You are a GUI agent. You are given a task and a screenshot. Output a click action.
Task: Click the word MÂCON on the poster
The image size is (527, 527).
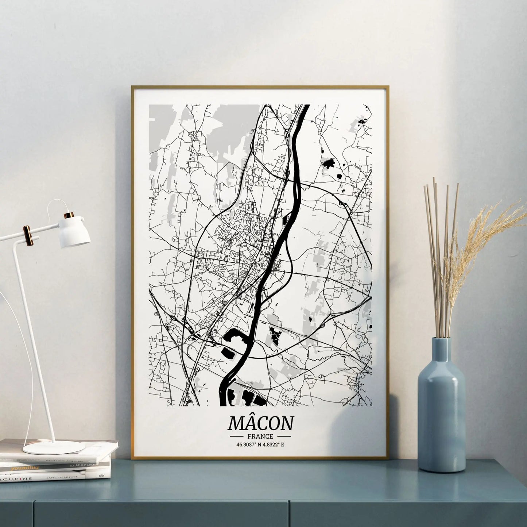click(x=260, y=423)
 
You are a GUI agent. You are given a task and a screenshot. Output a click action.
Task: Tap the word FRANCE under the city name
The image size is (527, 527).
click(x=260, y=436)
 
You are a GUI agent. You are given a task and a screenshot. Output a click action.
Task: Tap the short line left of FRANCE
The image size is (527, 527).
click(x=237, y=436)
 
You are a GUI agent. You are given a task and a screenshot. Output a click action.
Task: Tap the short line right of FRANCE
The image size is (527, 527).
click(x=282, y=436)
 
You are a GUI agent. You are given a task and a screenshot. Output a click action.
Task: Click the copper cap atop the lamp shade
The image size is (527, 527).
click(x=69, y=215)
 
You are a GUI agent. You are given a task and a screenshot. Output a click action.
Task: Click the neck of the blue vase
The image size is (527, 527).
click(x=441, y=350)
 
